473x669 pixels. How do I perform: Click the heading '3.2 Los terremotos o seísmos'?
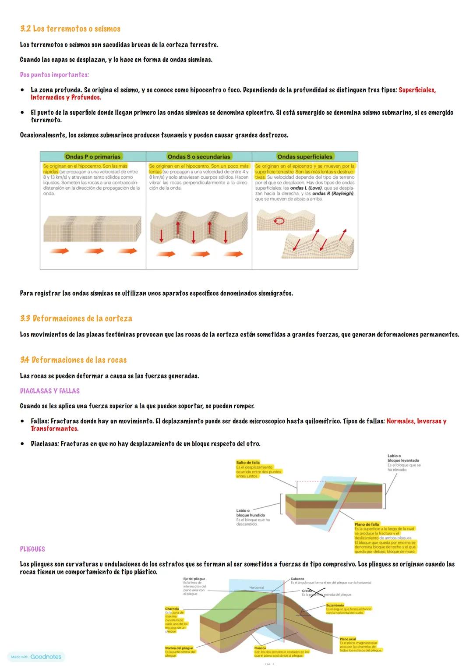pyautogui.click(x=70, y=29)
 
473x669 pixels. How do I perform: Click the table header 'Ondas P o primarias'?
pyautogui.click(x=92, y=156)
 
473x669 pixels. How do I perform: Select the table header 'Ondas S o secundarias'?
pyautogui.click(x=198, y=156)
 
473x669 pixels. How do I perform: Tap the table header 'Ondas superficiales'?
pyautogui.click(x=305, y=156)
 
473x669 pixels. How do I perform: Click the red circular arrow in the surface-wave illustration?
pyautogui.click(x=279, y=222)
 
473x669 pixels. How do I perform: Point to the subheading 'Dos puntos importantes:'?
pyautogui.click(x=54, y=75)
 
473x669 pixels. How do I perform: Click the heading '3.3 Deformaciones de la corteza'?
pyautogui.click(x=76, y=319)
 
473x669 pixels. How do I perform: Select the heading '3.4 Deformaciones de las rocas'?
pyautogui.click(x=73, y=360)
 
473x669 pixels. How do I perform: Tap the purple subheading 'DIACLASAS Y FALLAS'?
pyautogui.click(x=50, y=391)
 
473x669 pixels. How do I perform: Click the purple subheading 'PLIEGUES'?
pyautogui.click(x=32, y=549)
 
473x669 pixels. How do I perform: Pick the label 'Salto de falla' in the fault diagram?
pyautogui.click(x=248, y=462)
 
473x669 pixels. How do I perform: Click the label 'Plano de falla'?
pyautogui.click(x=367, y=524)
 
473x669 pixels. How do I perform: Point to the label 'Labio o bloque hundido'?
pyautogui.click(x=251, y=513)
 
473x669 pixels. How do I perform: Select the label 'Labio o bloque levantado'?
pyautogui.click(x=403, y=458)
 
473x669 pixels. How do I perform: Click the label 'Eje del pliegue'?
pyautogui.click(x=194, y=579)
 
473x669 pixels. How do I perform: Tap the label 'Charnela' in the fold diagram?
pyautogui.click(x=172, y=609)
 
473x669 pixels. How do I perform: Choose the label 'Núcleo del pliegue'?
pyautogui.click(x=179, y=648)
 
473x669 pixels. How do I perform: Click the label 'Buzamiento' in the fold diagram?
pyautogui.click(x=335, y=605)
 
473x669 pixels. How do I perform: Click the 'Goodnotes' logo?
pyautogui.click(x=46, y=657)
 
